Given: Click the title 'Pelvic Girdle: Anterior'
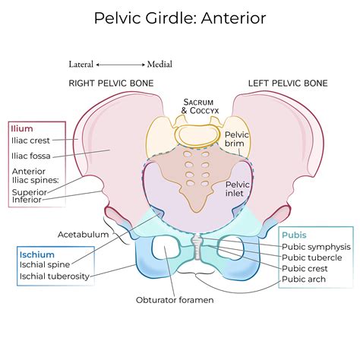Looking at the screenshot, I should [x=180, y=17].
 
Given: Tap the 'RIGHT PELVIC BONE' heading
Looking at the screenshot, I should [x=111, y=82].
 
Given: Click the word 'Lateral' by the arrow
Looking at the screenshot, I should [x=82, y=65].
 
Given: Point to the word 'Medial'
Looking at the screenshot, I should [x=159, y=65].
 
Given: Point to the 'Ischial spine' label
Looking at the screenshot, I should [x=46, y=265].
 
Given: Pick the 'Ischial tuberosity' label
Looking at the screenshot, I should [x=55, y=277].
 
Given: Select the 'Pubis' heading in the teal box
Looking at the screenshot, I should [x=297, y=234].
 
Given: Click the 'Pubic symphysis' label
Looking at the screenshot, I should [x=316, y=246].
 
